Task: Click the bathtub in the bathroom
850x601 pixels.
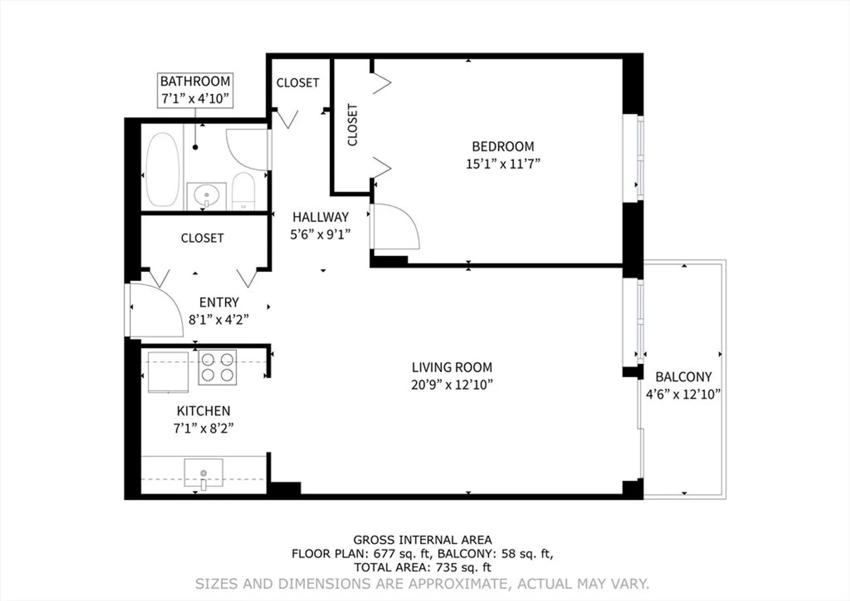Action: [162, 169]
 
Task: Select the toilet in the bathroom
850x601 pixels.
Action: [243, 191]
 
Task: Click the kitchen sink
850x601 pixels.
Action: [204, 473]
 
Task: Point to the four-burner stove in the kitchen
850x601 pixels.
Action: [218, 367]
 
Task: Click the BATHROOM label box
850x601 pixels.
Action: [195, 90]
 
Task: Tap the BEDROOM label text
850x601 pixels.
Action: [503, 146]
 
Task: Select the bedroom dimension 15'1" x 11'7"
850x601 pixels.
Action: [503, 164]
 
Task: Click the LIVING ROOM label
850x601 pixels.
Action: [452, 367]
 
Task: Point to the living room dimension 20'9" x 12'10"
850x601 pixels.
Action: [452, 385]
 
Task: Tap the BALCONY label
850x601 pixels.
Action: [684, 377]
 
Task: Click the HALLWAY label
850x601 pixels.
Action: [320, 217]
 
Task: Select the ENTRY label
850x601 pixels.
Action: [219, 302]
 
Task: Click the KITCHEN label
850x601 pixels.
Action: [204, 411]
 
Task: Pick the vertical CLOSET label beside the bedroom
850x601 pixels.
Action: [353, 125]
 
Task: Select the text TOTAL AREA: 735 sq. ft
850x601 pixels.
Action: [422, 567]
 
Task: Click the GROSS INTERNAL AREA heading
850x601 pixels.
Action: [422, 539]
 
